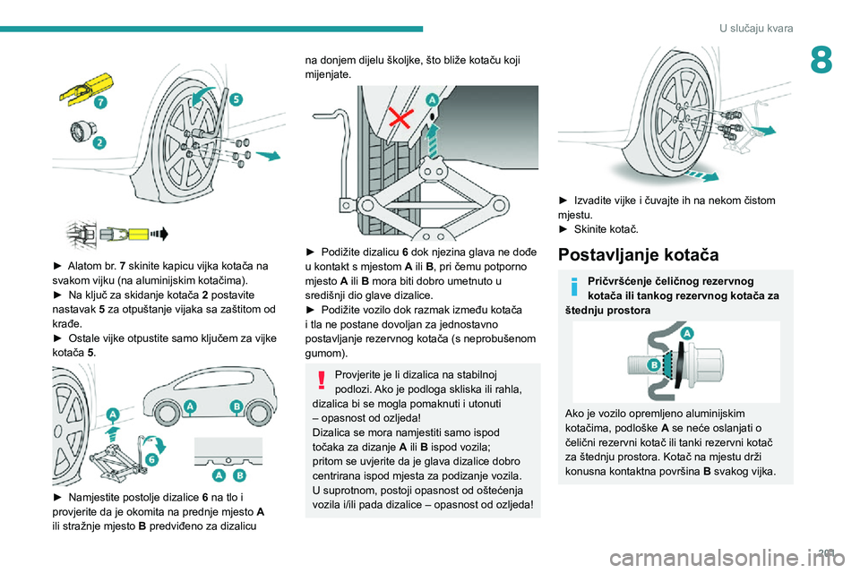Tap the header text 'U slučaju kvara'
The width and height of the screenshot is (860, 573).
pos(756,29)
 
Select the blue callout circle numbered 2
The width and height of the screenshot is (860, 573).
pos(99,141)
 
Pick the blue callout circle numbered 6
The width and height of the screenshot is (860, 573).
pos(151,459)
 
